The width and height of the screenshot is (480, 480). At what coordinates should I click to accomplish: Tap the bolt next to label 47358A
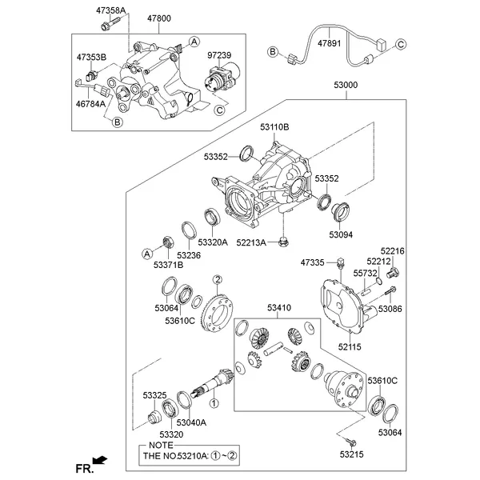[x=106, y=27]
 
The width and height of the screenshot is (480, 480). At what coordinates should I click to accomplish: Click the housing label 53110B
[x=274, y=127]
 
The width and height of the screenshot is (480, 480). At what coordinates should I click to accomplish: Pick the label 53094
[x=342, y=234]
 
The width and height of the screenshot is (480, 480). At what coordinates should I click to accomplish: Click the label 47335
[x=313, y=262]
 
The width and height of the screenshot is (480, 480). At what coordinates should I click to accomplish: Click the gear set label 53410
[x=279, y=308]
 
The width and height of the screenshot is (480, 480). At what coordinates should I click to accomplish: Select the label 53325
[x=155, y=395]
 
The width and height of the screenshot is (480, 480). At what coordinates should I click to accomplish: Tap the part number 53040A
[x=191, y=422]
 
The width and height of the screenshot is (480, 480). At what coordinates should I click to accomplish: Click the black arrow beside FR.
[x=99, y=460]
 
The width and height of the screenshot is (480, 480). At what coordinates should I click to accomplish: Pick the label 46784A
[x=91, y=103]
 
